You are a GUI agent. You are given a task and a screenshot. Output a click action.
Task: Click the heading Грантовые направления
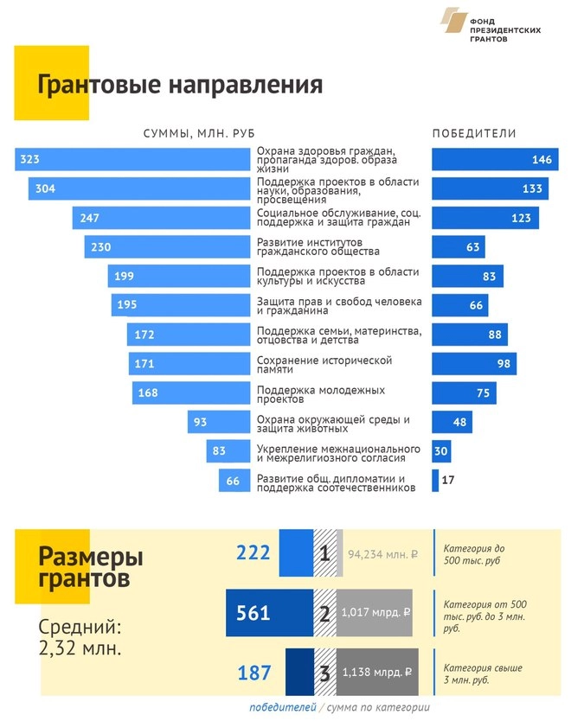pyautogui.click(x=180, y=86)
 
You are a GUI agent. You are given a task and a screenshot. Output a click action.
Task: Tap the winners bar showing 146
pyautogui.click(x=495, y=159)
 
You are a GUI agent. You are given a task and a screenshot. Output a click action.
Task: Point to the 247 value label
pyautogui.click(x=90, y=218)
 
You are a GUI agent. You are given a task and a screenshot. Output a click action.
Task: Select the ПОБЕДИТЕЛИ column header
pyautogui.click(x=474, y=133)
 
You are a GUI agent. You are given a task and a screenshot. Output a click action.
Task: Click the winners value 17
pyautogui.click(x=448, y=480)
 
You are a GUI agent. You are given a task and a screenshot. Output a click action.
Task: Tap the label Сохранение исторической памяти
pyautogui.click(x=325, y=364)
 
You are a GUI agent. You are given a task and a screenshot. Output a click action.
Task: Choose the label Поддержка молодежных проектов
pyautogui.click(x=321, y=393)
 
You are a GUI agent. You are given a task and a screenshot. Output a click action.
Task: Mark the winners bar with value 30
pyautogui.click(x=441, y=451)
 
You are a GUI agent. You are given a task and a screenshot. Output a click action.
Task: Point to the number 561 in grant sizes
pyautogui.click(x=253, y=614)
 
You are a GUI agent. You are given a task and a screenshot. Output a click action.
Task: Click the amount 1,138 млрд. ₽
pyautogui.click(x=376, y=672)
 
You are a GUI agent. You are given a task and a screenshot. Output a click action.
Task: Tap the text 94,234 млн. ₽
pyautogui.click(x=383, y=555)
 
